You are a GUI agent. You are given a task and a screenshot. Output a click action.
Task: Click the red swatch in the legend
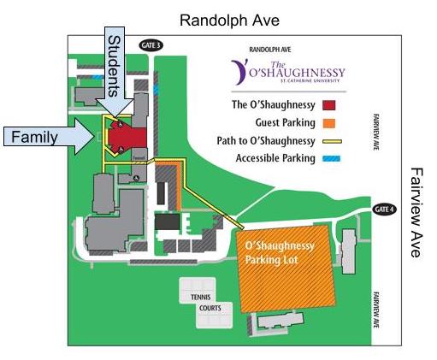[328, 106]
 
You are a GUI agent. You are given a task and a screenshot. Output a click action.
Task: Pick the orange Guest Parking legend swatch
[328, 123]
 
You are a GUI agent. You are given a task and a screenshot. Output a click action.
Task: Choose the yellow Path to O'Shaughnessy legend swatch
[328, 140]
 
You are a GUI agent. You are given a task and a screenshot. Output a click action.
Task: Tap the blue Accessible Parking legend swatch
[328, 157]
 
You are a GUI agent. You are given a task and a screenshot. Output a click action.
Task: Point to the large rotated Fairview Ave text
[416, 212]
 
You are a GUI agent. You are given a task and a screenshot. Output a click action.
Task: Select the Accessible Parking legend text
[268, 157]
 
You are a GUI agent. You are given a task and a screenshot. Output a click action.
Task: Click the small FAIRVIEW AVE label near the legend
[375, 133]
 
